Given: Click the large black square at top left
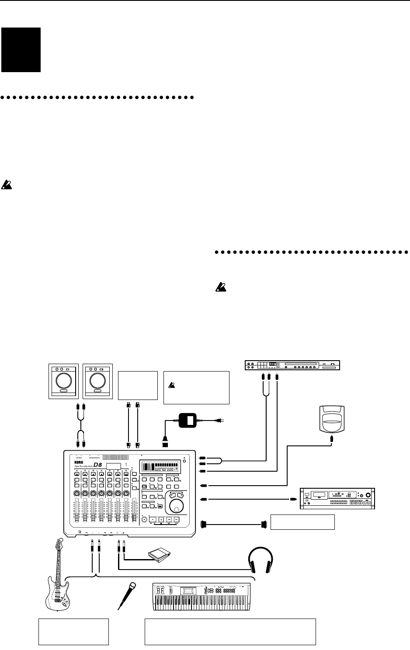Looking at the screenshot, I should tap(21, 49).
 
